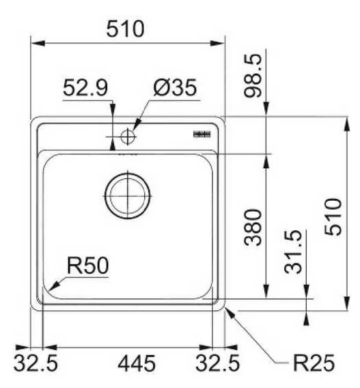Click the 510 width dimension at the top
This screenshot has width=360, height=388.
coord(126,29)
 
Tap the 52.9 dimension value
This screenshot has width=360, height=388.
coord(84,88)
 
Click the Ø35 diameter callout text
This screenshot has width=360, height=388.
coord(175,88)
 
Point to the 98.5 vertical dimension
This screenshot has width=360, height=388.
coord(253,76)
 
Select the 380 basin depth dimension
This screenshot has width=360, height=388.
coord(253,228)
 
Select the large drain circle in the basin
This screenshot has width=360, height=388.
coord(126,195)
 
